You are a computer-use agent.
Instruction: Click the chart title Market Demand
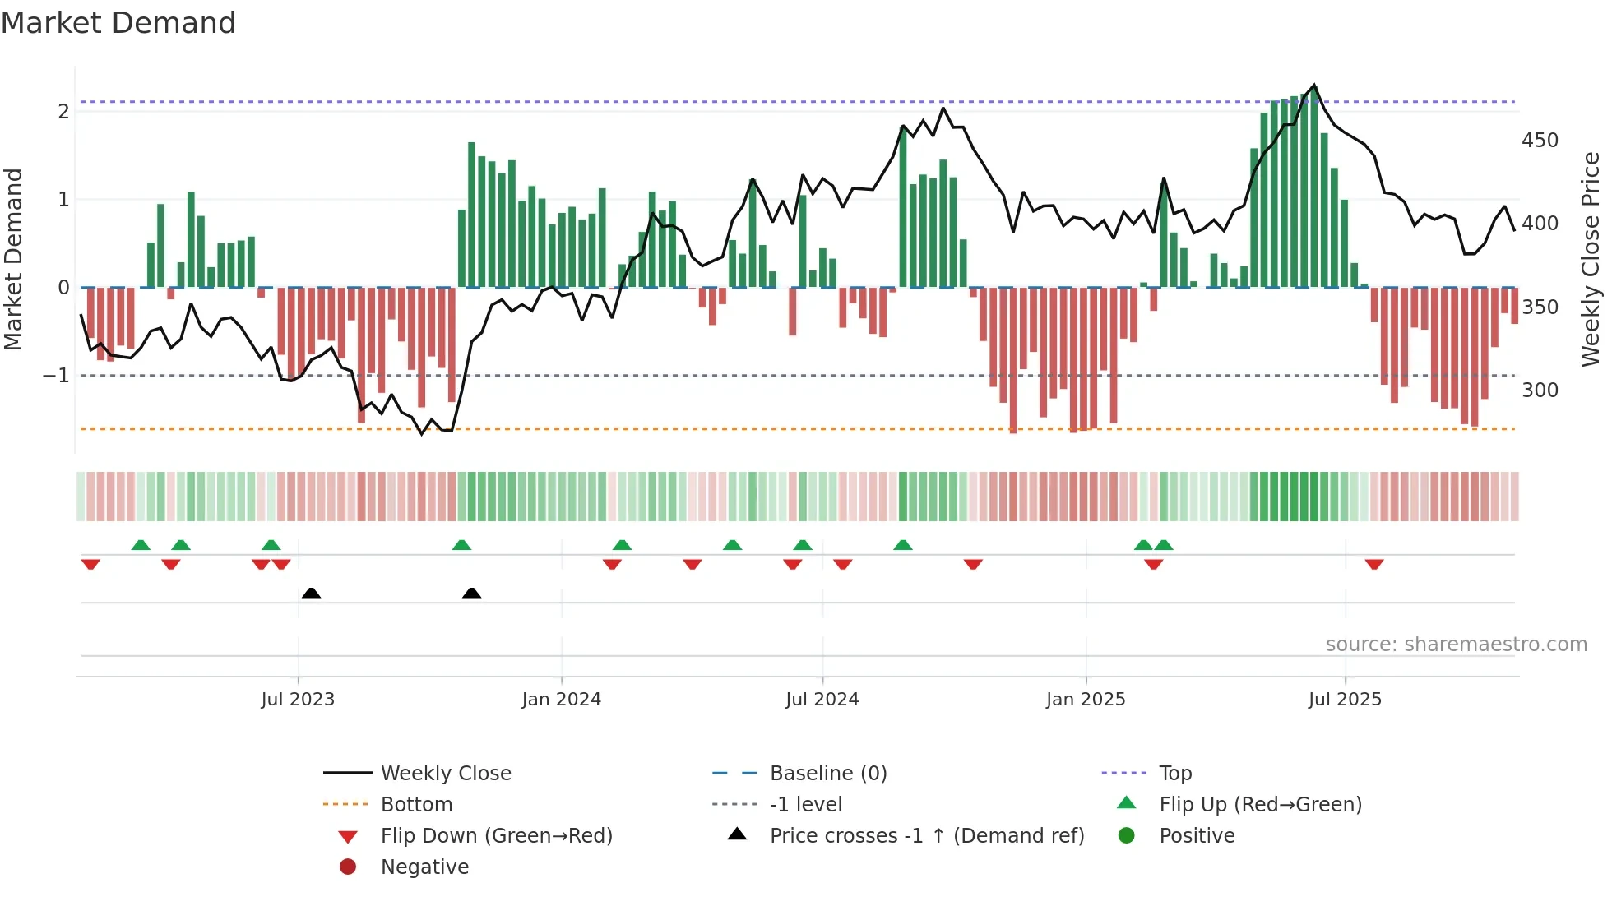(118, 23)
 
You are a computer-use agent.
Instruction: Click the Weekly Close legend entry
(445, 773)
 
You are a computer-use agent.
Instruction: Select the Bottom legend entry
(416, 804)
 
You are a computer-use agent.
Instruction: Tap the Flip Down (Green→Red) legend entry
(496, 835)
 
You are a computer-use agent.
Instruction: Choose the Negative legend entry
(424, 867)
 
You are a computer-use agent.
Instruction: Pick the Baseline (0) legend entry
(827, 773)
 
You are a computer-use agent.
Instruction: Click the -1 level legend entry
(805, 804)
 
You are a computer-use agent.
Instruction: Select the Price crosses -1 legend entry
(926, 835)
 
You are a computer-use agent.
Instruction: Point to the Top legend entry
(1174, 773)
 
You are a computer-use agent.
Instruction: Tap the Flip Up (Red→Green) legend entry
(1260, 804)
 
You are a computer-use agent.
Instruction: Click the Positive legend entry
(1197, 835)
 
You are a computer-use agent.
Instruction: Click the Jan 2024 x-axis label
(561, 700)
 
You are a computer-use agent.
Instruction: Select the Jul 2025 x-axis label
(1345, 700)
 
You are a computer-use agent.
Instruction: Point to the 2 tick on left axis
(63, 111)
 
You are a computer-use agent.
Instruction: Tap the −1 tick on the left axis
(57, 376)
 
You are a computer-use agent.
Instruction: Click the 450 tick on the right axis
(1540, 141)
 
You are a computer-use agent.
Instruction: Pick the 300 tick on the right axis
(1540, 390)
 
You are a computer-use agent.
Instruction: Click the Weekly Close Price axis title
(1591, 259)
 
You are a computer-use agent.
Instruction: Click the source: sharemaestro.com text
(1456, 645)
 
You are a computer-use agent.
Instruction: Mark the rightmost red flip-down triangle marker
(1373, 564)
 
